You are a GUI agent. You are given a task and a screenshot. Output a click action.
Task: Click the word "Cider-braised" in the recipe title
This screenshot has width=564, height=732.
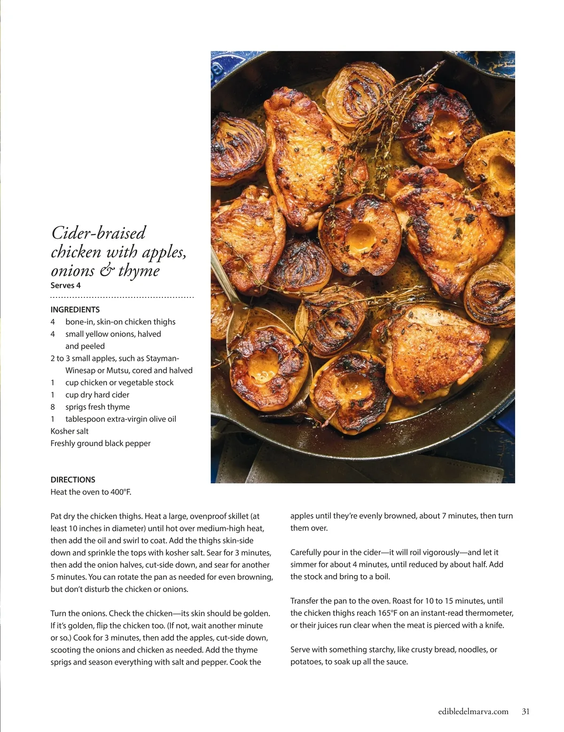click(x=99, y=233)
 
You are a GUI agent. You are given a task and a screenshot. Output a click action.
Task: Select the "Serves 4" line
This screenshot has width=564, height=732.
click(x=65, y=285)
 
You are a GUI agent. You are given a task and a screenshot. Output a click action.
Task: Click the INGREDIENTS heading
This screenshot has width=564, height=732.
click(x=75, y=310)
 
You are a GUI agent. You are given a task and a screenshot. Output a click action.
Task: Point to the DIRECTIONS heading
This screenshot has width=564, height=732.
click(x=73, y=480)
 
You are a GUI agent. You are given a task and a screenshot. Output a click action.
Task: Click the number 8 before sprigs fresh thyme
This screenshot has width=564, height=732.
click(x=53, y=407)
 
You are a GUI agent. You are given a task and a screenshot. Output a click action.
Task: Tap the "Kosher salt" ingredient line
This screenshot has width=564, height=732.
click(x=70, y=431)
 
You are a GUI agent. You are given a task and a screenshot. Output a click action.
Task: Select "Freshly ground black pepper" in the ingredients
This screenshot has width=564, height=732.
click(x=101, y=444)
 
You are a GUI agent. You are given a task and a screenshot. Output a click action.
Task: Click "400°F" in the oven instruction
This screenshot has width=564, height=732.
click(x=120, y=492)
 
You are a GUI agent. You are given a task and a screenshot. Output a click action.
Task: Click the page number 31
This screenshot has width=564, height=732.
click(x=525, y=711)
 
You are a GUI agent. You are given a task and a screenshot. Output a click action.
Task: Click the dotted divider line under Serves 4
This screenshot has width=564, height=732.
click(x=122, y=297)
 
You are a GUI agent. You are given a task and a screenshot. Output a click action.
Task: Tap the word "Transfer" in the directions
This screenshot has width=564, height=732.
click(x=306, y=601)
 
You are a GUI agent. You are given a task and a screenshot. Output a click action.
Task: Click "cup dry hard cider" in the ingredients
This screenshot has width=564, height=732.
click(x=97, y=395)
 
